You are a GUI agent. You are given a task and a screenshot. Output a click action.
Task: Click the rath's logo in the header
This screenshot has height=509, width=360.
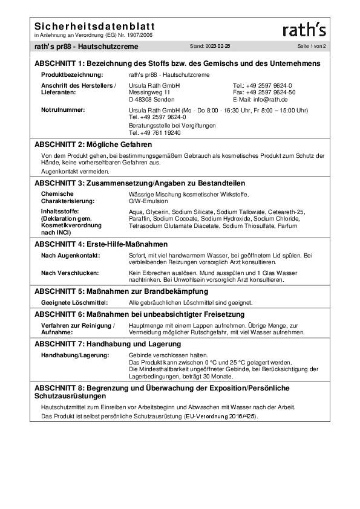tap(304, 30)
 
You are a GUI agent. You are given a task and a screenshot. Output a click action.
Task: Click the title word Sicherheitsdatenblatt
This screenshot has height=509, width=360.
tap(94, 27)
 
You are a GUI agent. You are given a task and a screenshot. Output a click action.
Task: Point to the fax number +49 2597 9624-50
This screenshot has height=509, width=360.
tap(264, 92)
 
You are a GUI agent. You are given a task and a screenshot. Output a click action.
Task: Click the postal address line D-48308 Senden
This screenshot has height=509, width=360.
tap(152, 99)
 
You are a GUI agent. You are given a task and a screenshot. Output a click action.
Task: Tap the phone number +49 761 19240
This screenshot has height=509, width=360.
tap(155, 132)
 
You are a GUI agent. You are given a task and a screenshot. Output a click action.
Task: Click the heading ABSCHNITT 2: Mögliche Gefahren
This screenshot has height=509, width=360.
tap(93, 145)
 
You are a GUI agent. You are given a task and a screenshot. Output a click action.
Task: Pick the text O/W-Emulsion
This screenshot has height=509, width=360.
tap(148, 200)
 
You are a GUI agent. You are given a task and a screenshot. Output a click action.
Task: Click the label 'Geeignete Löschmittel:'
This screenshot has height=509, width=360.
tap(74, 302)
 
